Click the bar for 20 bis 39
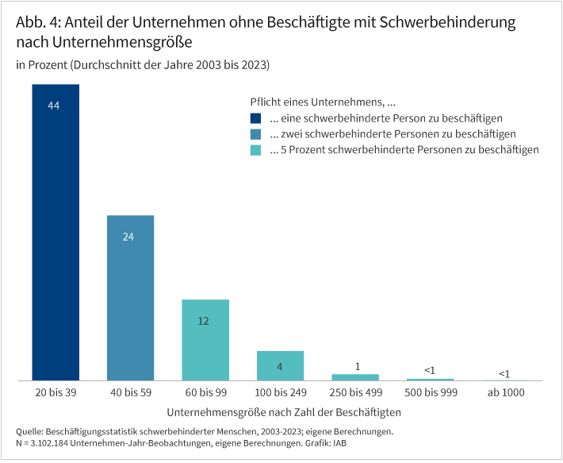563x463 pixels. [56, 238]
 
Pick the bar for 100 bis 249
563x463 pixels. [280, 366]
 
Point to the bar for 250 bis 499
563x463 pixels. [354, 377]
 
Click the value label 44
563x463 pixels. [55, 106]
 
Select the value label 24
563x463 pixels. [130, 237]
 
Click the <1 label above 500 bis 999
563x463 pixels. [429, 370]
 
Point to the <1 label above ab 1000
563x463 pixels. [504, 373]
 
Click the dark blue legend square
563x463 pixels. [255, 118]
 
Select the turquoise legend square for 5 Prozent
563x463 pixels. [255, 150]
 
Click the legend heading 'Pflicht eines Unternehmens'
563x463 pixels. [322, 102]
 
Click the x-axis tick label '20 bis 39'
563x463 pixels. [56, 393]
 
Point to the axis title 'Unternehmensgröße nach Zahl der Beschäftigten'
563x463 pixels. [285, 413]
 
